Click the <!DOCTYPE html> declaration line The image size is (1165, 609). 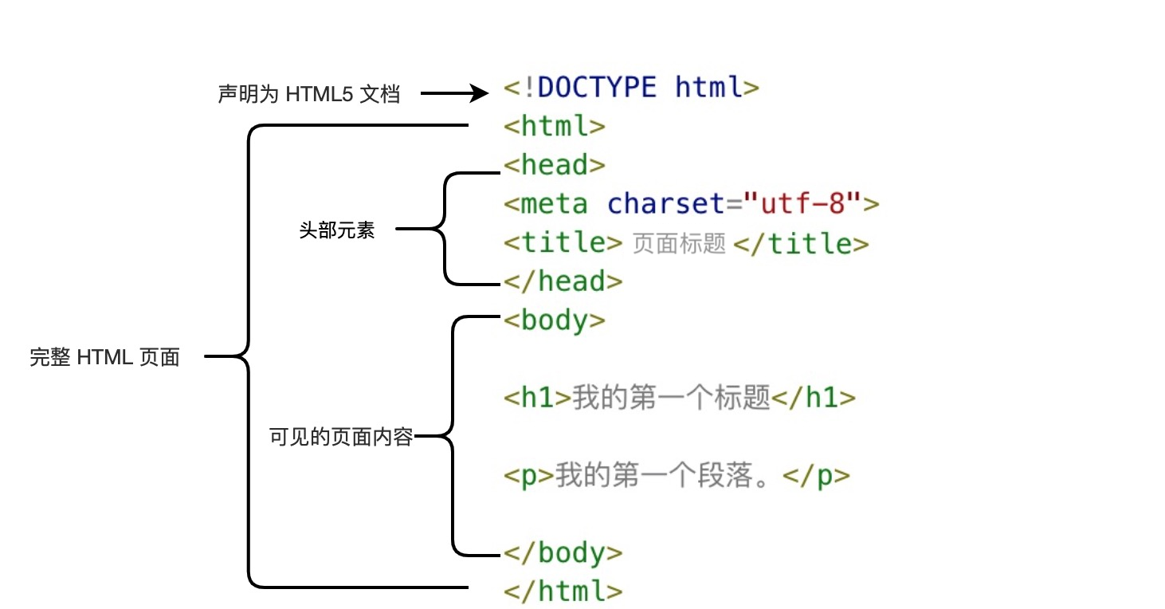[x=632, y=87]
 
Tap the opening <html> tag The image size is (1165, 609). [x=555, y=126]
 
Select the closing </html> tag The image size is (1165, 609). [x=563, y=591]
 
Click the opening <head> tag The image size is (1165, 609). [x=555, y=165]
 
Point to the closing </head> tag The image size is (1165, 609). [x=563, y=281]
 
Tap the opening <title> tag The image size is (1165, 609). [x=563, y=242]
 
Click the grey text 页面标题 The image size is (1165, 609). [x=679, y=244]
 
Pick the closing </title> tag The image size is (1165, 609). [x=801, y=242]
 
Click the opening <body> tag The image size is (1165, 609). [x=555, y=320]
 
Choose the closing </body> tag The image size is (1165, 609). [x=563, y=552]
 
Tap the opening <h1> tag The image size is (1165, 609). [x=538, y=397]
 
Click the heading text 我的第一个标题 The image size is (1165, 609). [x=672, y=397]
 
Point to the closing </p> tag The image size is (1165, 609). [x=818, y=476]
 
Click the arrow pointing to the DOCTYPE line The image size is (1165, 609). [x=454, y=94]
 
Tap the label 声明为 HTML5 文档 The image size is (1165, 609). [x=308, y=95]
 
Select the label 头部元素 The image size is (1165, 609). [x=336, y=231]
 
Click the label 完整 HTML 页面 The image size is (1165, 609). [x=104, y=357]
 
